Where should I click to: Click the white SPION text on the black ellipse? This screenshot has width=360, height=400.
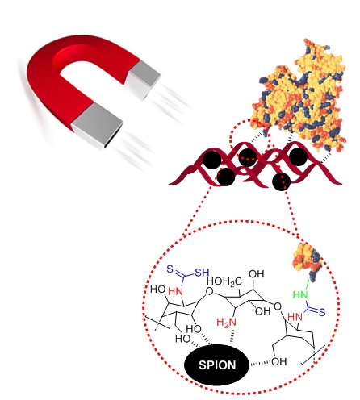(217, 365)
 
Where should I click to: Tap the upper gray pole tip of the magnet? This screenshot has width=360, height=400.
(143, 80)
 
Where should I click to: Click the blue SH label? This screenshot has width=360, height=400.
(202, 273)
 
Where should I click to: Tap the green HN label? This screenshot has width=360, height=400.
(300, 295)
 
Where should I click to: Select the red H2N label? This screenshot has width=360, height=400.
(226, 322)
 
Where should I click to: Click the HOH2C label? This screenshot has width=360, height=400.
(224, 281)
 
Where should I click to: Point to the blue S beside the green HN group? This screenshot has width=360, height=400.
(322, 312)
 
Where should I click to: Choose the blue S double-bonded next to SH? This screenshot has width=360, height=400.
(170, 269)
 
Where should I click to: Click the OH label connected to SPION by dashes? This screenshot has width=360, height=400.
(279, 361)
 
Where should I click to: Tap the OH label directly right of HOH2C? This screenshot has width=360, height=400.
(257, 274)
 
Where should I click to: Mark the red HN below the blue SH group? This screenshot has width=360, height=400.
(175, 291)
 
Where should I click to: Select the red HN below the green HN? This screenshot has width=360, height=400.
(295, 317)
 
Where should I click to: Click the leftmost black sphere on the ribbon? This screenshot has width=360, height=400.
(212, 160)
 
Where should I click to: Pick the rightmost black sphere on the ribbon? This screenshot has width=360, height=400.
(298, 156)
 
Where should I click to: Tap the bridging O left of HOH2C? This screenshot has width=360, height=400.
(209, 291)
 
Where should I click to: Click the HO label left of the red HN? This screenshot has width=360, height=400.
(158, 290)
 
